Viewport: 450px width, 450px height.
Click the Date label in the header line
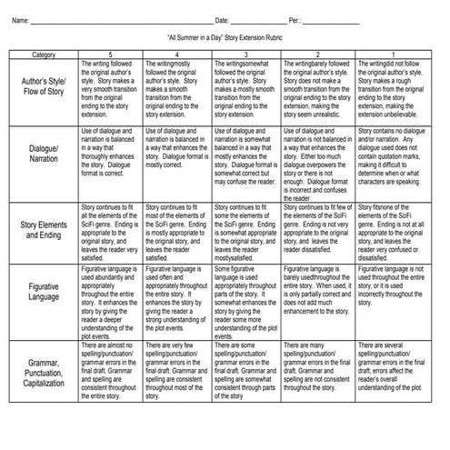tap(222, 19)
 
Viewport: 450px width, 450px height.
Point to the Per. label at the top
tap(295, 19)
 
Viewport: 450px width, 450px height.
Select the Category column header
tap(43, 55)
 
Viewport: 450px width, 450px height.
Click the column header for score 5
tap(110, 55)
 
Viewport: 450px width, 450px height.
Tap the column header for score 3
tap(246, 55)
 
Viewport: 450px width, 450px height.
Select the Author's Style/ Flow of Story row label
tap(43, 93)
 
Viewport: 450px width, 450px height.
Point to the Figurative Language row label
tap(43, 292)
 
